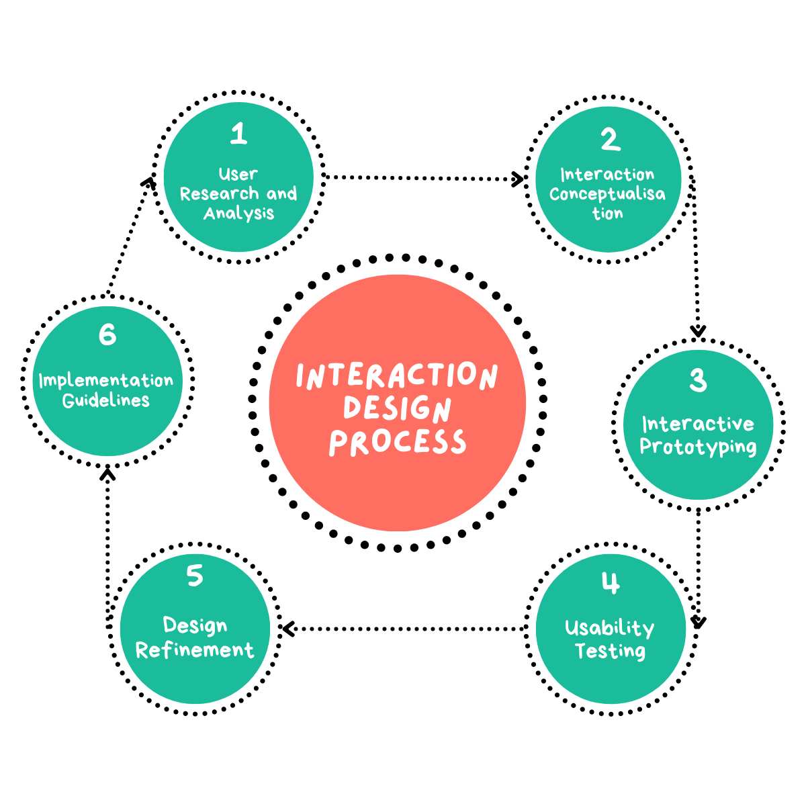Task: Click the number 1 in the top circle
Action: [x=238, y=134]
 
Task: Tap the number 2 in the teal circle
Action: [x=609, y=140]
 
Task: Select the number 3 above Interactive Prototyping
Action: [x=698, y=380]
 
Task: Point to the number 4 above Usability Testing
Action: [x=610, y=583]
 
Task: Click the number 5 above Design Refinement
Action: [x=195, y=576]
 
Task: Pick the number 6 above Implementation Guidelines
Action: [x=107, y=334]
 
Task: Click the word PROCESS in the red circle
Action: [x=398, y=443]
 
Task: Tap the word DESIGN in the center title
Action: [x=397, y=408]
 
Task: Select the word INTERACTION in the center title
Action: [x=397, y=376]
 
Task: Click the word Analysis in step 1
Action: [x=238, y=214]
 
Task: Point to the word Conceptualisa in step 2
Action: [x=607, y=194]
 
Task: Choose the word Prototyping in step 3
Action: [x=698, y=447]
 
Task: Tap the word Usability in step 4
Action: [x=609, y=628]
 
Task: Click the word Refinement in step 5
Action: [x=195, y=650]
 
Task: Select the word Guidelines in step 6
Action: [x=106, y=400]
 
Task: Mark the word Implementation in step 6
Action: [x=106, y=381]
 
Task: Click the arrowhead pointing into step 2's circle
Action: [x=519, y=179]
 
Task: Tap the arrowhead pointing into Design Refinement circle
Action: [x=287, y=629]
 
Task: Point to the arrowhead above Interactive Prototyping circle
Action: [x=699, y=330]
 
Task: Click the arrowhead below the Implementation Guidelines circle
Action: [x=107, y=474]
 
